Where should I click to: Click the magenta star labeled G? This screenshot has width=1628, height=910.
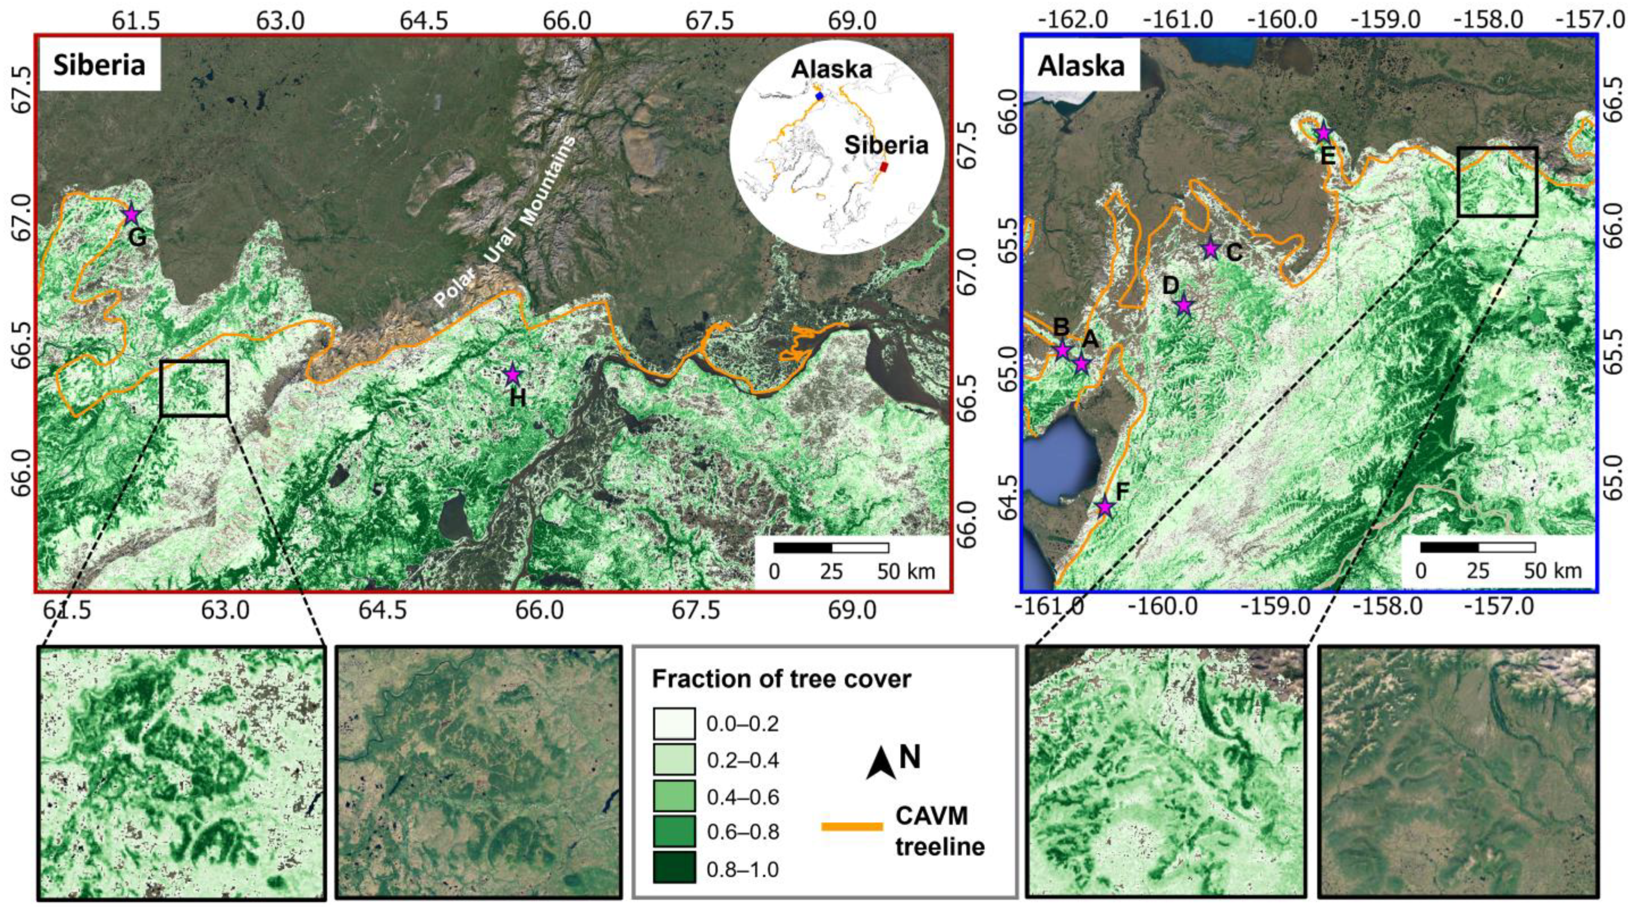click(131, 215)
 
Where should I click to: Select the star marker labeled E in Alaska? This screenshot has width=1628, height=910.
click(1323, 133)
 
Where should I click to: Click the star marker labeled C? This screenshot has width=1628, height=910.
click(1210, 249)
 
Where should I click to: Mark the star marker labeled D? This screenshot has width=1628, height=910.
click(1184, 306)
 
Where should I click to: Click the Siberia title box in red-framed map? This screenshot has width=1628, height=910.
click(99, 65)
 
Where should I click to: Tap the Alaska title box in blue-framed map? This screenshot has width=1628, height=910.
click(1081, 65)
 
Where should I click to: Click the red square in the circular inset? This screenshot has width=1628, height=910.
click(885, 167)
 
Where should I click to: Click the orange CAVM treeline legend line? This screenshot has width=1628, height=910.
click(852, 826)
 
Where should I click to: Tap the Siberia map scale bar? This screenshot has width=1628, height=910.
click(831, 548)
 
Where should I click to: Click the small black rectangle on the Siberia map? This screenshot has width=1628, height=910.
click(194, 388)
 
